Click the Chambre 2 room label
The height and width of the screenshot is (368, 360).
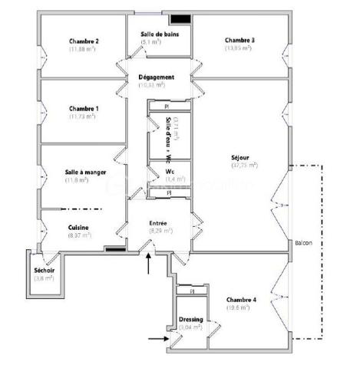pyautogui.click(x=85, y=41)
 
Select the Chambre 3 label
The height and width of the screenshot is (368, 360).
pyautogui.click(x=239, y=40)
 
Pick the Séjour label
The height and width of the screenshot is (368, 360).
pyautogui.click(x=240, y=157)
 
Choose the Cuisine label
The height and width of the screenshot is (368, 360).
pyautogui.click(x=78, y=228)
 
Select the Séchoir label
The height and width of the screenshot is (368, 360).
pyautogui.click(x=44, y=271)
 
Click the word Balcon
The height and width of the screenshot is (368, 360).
pyautogui.click(x=302, y=245)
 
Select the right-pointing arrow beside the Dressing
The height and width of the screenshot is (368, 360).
pyautogui.click(x=157, y=336)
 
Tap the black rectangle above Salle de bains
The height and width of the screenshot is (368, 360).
pyautogui.click(x=180, y=18)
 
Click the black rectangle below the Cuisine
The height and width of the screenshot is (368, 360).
pyautogui.click(x=115, y=248)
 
